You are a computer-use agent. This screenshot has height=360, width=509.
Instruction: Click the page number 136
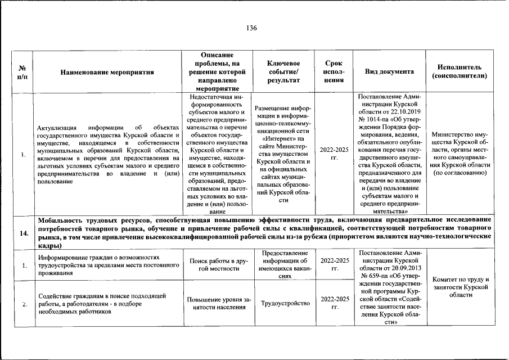click(x=251, y=28)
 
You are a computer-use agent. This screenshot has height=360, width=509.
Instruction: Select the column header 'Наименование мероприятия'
click(x=107, y=72)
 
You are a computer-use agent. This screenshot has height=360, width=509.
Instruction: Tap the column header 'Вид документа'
click(x=389, y=71)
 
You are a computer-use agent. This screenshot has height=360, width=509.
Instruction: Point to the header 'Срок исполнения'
click(x=334, y=71)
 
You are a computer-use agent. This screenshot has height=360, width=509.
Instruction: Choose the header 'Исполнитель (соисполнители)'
click(x=459, y=71)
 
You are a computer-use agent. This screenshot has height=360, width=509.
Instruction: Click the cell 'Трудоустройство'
click(x=286, y=304)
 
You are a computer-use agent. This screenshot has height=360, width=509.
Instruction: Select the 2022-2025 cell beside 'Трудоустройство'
click(x=334, y=304)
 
